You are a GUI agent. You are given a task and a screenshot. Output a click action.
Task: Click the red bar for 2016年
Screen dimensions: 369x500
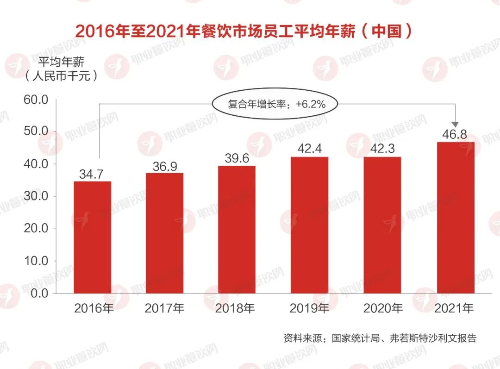tap(93, 237)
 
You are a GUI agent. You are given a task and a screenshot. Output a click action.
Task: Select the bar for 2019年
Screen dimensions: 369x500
tap(309, 225)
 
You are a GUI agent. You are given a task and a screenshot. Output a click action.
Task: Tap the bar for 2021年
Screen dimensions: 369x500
tap(456, 218)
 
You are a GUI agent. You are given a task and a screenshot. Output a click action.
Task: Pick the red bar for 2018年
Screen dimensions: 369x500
tap(237, 229)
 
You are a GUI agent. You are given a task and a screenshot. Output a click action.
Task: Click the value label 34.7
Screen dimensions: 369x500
tap(91, 175)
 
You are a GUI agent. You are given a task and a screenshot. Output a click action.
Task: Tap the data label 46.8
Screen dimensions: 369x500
tap(455, 135)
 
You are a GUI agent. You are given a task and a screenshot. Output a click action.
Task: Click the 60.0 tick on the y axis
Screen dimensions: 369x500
tap(36, 100)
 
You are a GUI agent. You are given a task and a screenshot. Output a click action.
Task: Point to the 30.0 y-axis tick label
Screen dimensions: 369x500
tap(36, 196)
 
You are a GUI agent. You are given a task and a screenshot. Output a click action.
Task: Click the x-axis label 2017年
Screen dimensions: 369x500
tap(165, 308)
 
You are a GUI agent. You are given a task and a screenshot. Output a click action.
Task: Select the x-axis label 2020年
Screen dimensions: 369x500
tap(383, 308)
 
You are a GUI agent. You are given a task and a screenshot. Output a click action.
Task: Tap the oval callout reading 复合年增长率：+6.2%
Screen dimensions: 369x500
tap(275, 104)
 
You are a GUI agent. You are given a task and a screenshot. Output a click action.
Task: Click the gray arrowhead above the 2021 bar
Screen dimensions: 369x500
tap(455, 124)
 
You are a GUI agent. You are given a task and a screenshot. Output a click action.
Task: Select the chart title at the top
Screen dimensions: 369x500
tap(243, 32)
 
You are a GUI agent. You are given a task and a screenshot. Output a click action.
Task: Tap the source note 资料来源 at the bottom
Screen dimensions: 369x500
tap(380, 338)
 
